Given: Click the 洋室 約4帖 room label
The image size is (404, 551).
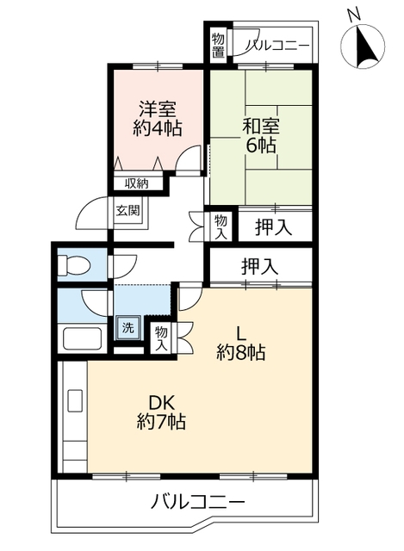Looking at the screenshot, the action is coord(157,119).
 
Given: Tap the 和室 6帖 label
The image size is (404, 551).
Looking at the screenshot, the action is coord(260,136).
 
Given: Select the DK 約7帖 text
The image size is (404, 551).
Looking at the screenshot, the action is coord(161,412).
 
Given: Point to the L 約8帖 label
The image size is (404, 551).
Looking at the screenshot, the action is coord(241,343).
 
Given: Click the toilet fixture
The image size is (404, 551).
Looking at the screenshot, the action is coord(74,264).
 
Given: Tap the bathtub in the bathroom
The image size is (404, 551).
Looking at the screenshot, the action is coord(83,338).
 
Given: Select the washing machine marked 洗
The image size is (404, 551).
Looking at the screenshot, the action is coord(128,327).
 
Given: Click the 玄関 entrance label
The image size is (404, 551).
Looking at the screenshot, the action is coord(128,210).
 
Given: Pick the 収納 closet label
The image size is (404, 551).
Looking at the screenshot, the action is coord(137,183).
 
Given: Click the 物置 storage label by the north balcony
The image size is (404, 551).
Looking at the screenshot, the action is coord(218,46).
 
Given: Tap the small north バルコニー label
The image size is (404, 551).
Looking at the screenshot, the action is coord(277,46).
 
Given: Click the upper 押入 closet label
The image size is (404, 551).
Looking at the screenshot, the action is coord(273,227).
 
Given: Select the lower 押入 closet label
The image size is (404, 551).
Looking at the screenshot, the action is coord(259,266).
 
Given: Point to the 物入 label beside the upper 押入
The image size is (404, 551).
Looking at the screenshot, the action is coord(221,227).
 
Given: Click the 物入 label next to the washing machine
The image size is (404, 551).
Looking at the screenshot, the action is coord(161,338).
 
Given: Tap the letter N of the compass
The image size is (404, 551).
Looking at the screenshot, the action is coord(354,14).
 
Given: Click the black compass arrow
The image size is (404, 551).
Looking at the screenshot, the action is coord(365,46).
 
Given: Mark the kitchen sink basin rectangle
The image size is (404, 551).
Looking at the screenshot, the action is coord(75,400).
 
